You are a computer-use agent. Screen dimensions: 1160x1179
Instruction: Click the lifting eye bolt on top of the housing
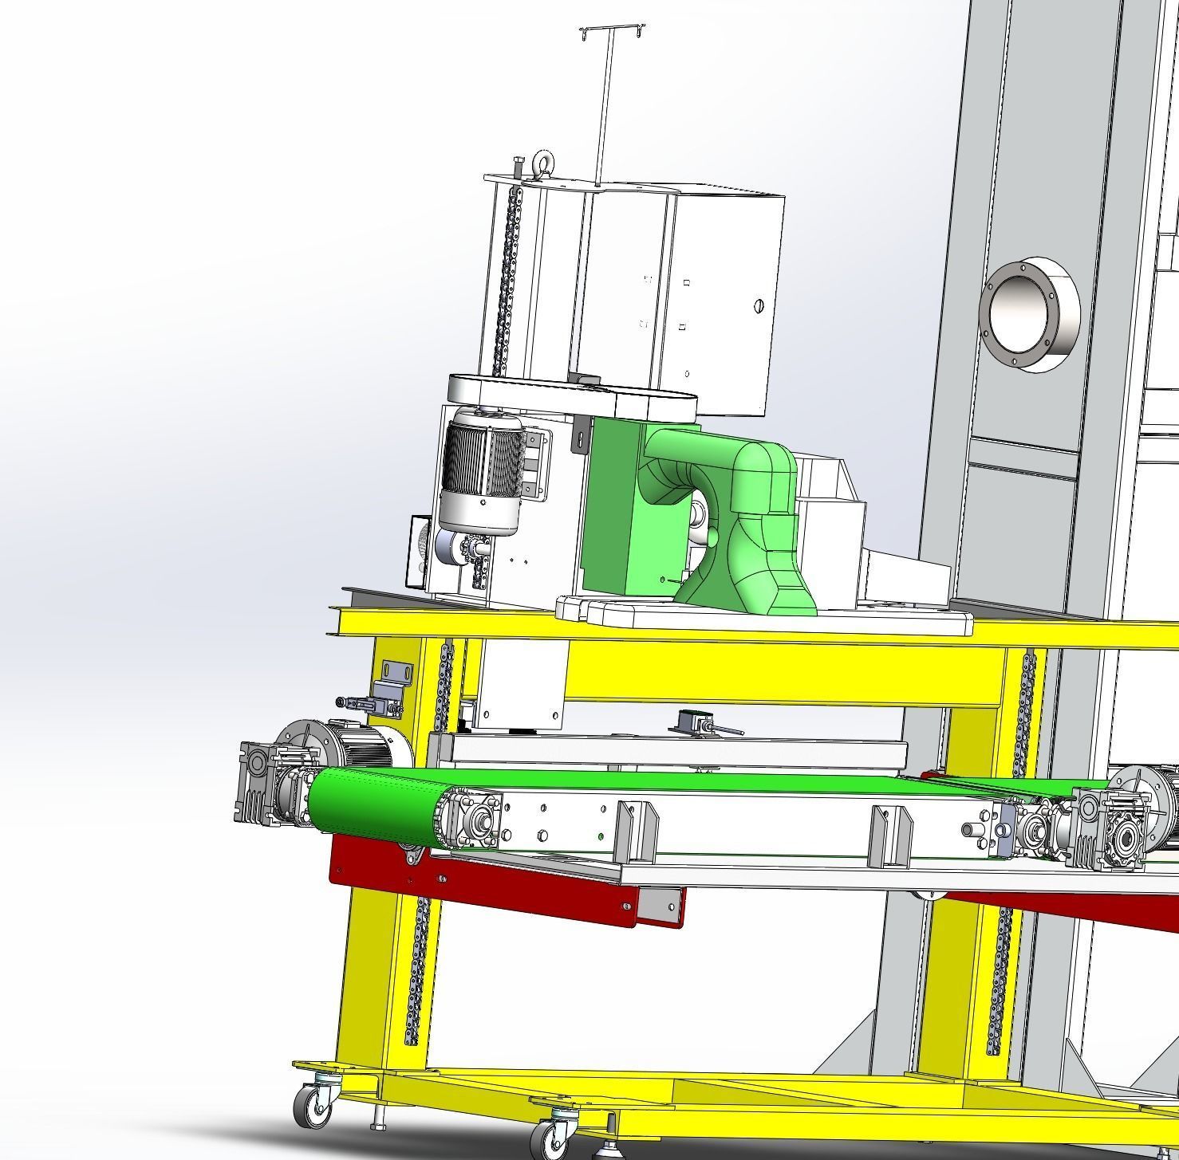(545, 163)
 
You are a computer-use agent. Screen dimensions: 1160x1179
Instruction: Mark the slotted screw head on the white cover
(759, 306)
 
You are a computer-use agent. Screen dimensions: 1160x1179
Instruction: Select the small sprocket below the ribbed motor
(471, 549)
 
